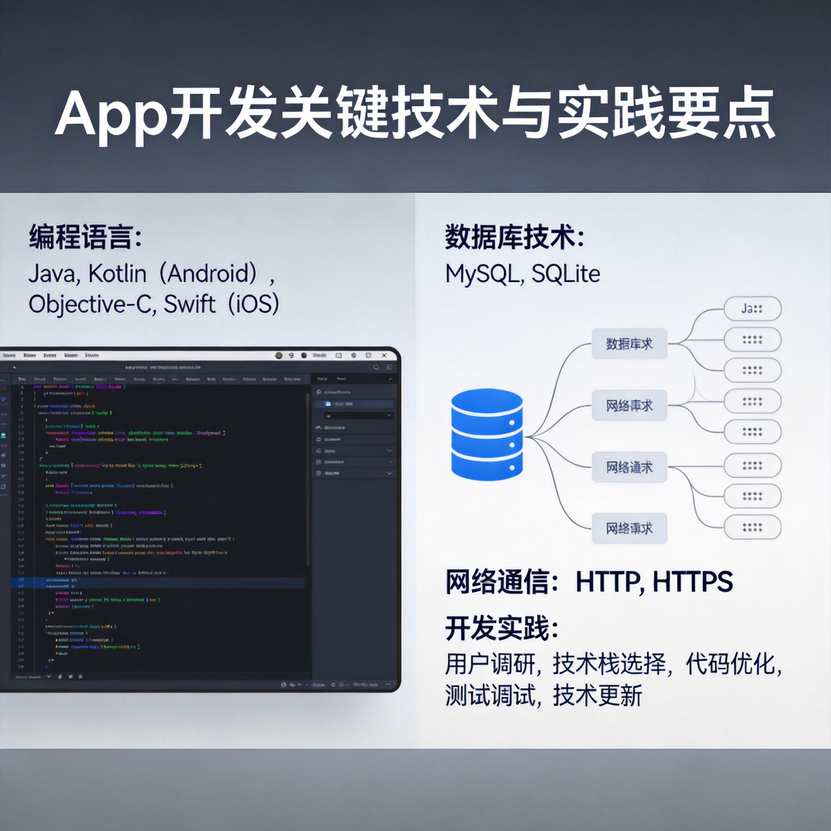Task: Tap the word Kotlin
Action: pyautogui.click(x=117, y=273)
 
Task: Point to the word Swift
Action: pyautogui.click(x=189, y=304)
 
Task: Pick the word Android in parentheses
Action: pyautogui.click(x=208, y=273)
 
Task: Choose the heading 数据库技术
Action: pyautogui.click(x=509, y=237)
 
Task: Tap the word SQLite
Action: pyautogui.click(x=566, y=274)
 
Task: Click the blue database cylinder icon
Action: pyautogui.click(x=487, y=434)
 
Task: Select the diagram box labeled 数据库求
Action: pyautogui.click(x=629, y=344)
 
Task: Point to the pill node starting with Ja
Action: pyautogui.click(x=752, y=308)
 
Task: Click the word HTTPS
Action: pyautogui.click(x=692, y=582)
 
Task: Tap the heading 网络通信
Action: pyautogui.click(x=497, y=582)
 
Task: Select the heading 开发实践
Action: pyautogui.click(x=497, y=629)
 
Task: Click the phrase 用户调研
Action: pyautogui.click(x=489, y=664)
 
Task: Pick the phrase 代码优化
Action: pyautogui.click(x=730, y=664)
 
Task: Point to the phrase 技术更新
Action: pyautogui.click(x=597, y=695)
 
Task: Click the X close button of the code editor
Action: pyautogui.click(x=384, y=355)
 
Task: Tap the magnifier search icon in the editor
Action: pyautogui.click(x=376, y=367)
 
